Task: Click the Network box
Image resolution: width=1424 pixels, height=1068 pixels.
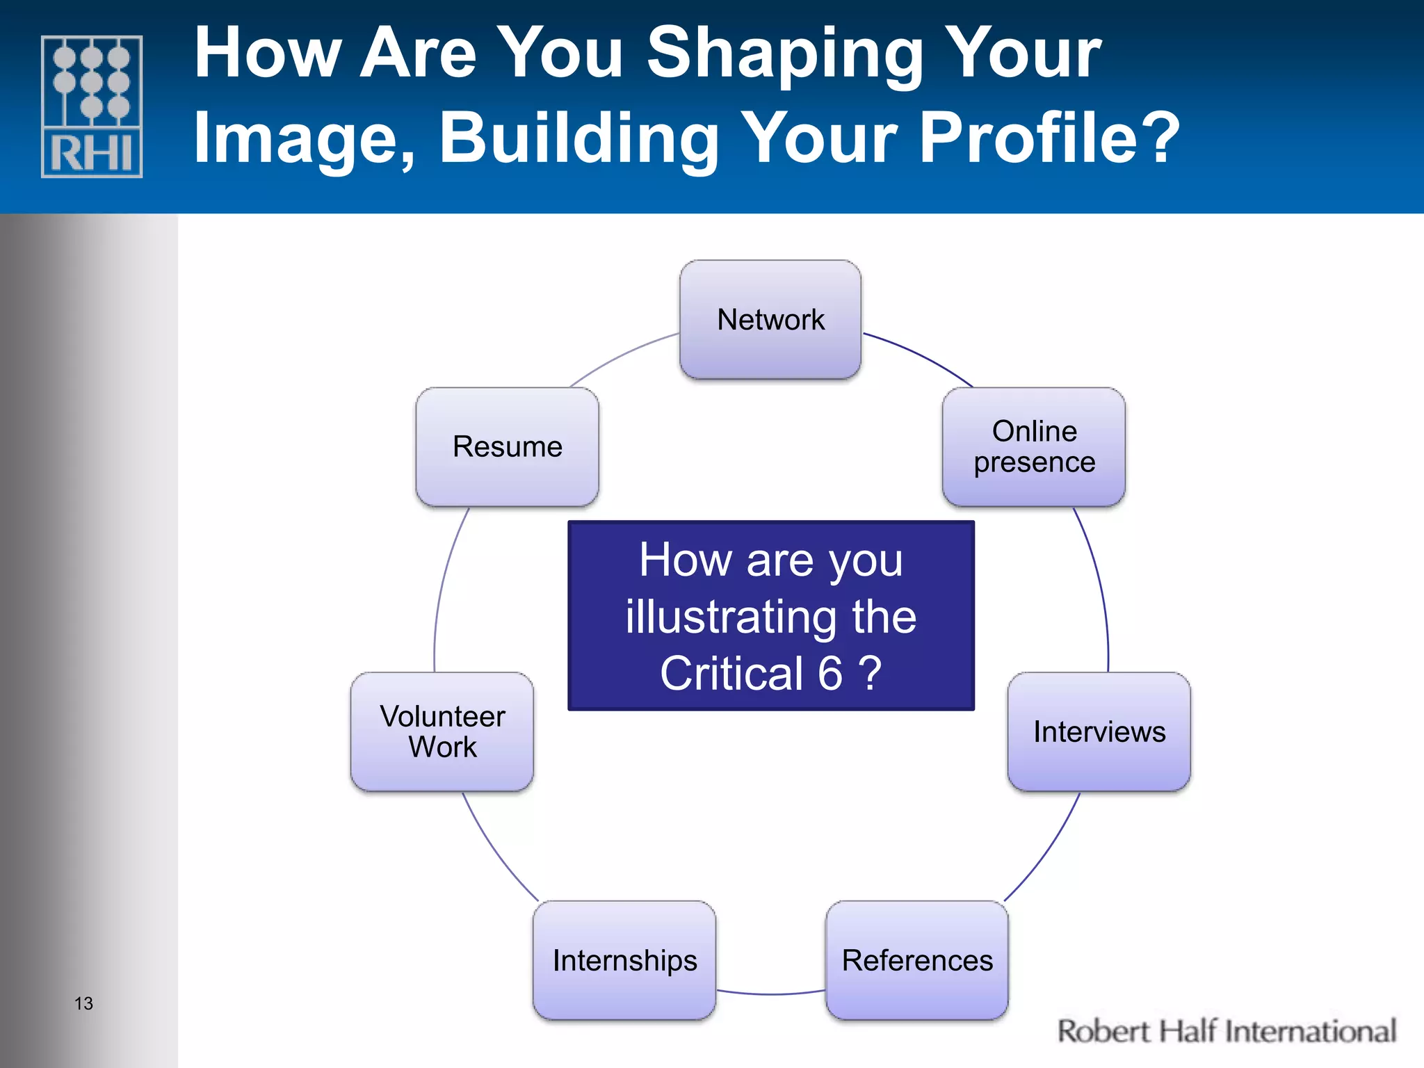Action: [770, 320]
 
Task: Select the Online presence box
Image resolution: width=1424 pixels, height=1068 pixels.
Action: [1034, 446]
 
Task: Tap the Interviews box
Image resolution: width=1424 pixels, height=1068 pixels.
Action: [1099, 731]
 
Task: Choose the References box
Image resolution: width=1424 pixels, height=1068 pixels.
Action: [916, 960]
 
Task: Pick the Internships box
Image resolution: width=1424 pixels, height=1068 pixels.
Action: [624, 960]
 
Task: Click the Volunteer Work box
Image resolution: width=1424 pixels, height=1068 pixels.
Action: [442, 731]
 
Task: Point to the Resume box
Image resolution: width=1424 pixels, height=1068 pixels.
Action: [507, 446]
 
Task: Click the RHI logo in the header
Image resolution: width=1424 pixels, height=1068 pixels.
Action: [92, 106]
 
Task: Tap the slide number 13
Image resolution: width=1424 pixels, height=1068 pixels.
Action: [83, 1003]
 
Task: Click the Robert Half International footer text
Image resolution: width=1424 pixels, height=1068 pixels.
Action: [1226, 1031]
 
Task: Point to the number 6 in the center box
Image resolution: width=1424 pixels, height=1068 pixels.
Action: [830, 673]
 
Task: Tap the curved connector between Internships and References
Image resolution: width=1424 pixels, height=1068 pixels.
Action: [770, 994]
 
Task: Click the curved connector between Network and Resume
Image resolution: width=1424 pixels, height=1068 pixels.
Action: [622, 356]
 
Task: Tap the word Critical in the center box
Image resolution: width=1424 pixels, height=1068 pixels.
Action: [731, 673]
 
